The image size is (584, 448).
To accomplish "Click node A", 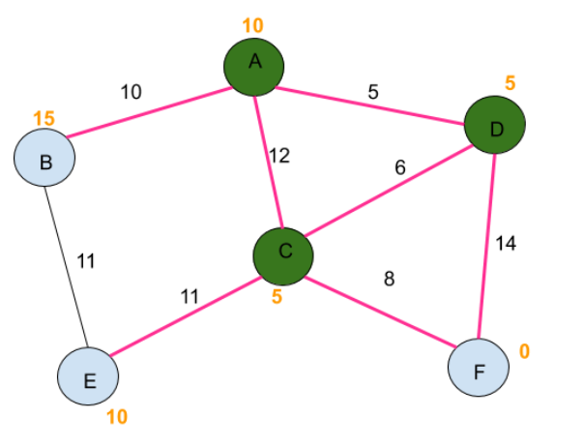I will (x=253, y=64).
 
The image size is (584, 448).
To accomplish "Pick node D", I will (x=493, y=126).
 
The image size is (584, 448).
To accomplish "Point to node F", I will (x=479, y=369).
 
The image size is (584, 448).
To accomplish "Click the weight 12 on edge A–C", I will (x=278, y=155).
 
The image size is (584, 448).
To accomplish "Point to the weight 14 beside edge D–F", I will (x=505, y=243).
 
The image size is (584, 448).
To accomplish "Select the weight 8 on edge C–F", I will (x=389, y=281).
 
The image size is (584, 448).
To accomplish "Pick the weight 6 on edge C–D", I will (x=399, y=166).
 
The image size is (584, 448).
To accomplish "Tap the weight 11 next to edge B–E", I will (x=85, y=260).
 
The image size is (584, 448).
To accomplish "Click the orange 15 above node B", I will (x=44, y=118).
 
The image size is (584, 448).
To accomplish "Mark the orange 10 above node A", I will (x=250, y=23).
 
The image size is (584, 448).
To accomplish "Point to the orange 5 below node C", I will (x=277, y=297).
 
